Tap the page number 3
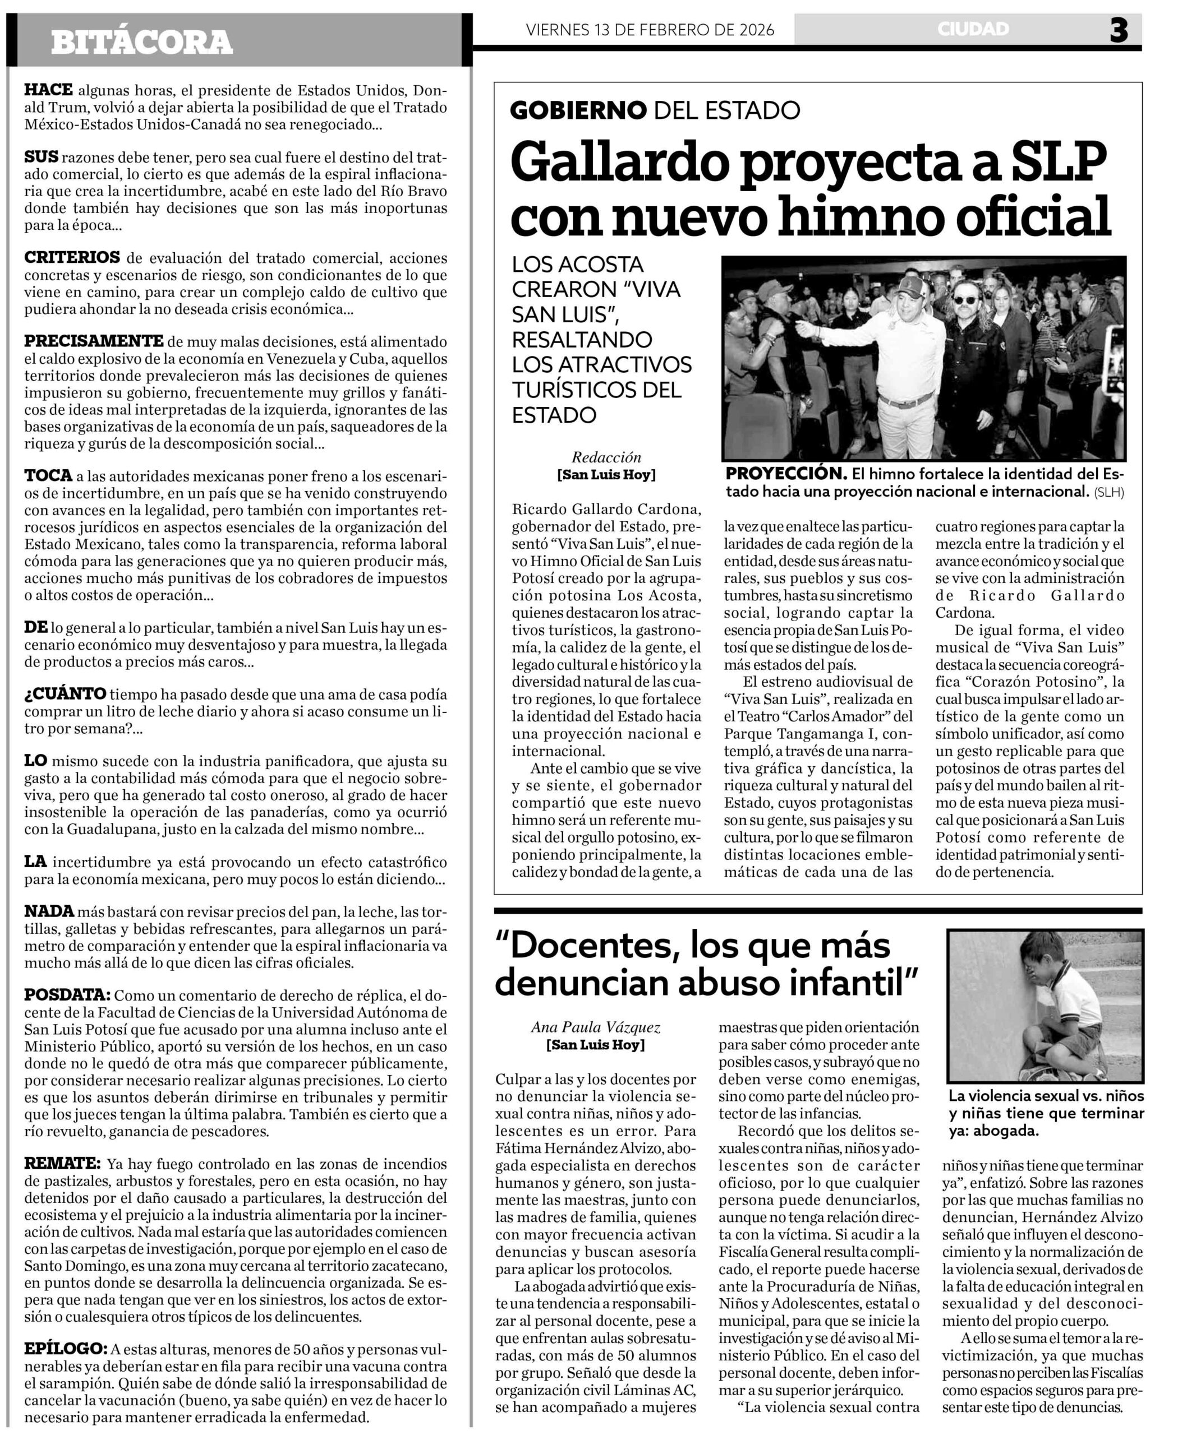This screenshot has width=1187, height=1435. point(1119,30)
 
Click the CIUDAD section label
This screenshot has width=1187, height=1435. point(973,29)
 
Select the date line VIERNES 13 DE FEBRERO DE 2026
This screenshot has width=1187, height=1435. point(650,29)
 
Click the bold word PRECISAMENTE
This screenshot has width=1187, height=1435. point(94,341)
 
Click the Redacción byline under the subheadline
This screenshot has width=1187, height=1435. point(606,457)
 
